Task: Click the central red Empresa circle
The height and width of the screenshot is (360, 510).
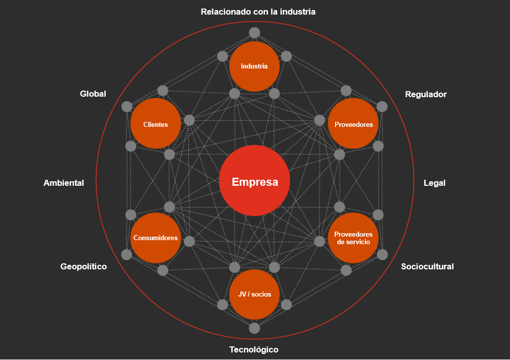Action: pos(254,181)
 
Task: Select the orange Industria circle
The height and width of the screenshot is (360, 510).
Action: pos(254,66)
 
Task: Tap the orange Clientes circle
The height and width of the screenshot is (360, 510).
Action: pos(155,124)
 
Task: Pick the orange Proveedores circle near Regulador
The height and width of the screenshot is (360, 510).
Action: pos(353,124)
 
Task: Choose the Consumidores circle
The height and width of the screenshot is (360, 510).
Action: pos(155,238)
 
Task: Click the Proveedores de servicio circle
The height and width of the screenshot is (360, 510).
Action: pos(353,238)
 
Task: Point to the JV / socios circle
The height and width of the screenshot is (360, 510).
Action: pos(254,295)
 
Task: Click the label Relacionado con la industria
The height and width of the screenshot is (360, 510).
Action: pos(258,12)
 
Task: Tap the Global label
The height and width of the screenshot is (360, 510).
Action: pos(93,94)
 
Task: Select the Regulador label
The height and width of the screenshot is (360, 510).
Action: pos(426,94)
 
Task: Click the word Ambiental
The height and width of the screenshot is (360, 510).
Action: pos(63,183)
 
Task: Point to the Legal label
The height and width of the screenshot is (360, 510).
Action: pos(434,183)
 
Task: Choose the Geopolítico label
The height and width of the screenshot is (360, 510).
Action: pos(84,266)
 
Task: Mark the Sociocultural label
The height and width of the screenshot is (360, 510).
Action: pos(427,266)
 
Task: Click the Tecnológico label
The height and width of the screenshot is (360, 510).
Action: pos(253,349)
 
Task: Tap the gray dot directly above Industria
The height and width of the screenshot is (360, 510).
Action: pos(254,33)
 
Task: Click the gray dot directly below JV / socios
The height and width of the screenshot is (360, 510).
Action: pos(254,328)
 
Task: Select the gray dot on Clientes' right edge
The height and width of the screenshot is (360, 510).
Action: pos(189,120)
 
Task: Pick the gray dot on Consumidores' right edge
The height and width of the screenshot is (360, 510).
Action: pos(189,241)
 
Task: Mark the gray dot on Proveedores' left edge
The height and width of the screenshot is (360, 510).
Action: pos(320,120)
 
